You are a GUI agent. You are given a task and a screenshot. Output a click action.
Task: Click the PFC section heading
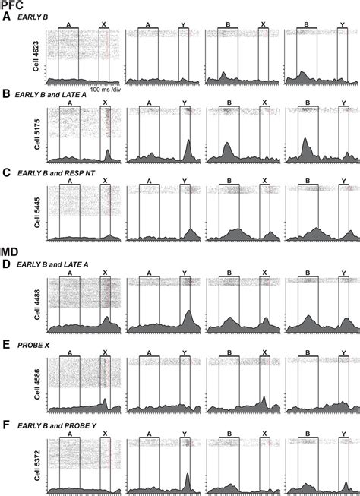pyautogui.click(x=11, y=5)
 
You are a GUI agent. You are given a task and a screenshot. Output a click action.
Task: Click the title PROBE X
pyautogui.click(x=33, y=344)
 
